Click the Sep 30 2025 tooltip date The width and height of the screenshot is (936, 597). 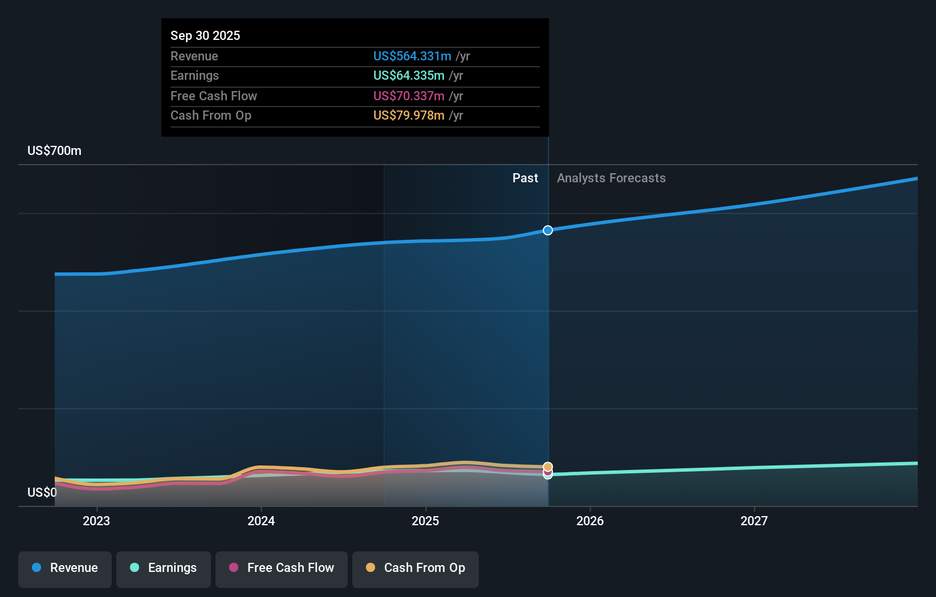[205, 35]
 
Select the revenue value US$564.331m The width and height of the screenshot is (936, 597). [412, 56]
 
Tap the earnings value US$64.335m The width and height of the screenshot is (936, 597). [409, 75]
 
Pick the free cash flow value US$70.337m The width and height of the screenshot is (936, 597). [409, 96]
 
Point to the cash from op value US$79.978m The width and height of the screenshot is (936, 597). [409, 115]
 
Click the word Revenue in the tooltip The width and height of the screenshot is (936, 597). [194, 56]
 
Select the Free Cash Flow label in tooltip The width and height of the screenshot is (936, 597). [214, 96]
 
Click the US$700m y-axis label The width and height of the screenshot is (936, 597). [54, 150]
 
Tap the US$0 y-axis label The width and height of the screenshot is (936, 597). [42, 492]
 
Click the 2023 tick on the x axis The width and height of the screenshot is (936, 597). [96, 521]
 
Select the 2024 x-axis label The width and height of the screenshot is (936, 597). [261, 521]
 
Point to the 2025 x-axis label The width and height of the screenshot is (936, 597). [425, 521]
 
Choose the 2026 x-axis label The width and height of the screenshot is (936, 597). [590, 521]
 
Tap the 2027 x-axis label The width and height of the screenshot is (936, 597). [754, 521]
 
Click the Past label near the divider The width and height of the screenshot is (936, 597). [525, 178]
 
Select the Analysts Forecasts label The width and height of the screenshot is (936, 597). [611, 178]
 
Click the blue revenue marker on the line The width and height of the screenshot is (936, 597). [548, 230]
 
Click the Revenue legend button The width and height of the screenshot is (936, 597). [65, 568]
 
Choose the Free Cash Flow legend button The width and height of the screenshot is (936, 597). [282, 568]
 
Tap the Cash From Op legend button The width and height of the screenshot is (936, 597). [416, 568]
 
